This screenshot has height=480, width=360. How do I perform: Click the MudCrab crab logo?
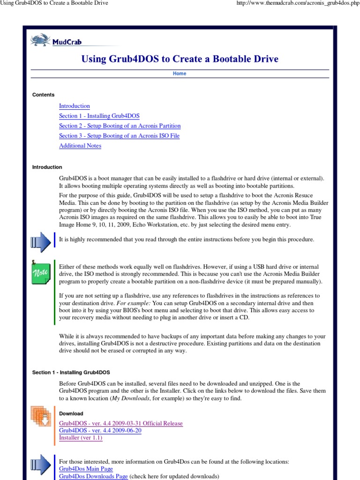click(x=39, y=41)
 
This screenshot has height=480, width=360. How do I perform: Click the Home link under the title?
click(x=180, y=74)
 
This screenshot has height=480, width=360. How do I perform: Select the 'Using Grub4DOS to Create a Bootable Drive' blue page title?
click(x=180, y=59)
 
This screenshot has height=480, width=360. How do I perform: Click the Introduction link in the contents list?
click(x=74, y=106)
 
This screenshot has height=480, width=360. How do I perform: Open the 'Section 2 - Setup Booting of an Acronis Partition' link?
click(x=120, y=126)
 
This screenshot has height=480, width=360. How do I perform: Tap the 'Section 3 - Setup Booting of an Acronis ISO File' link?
click(x=119, y=135)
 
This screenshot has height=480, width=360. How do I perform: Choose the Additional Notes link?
click(x=80, y=145)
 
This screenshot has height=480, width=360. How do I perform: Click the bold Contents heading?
click(x=43, y=95)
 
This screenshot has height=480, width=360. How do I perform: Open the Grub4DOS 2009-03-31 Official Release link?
click(x=120, y=423)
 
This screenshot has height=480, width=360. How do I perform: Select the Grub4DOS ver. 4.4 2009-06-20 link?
click(x=100, y=430)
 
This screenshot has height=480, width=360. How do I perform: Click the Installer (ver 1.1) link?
click(x=80, y=437)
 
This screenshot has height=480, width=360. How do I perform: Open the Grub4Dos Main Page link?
click(x=86, y=469)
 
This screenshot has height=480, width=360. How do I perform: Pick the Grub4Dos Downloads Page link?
click(x=93, y=476)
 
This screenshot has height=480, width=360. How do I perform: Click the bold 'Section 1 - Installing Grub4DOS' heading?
click(x=71, y=372)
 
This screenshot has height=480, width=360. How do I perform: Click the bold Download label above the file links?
click(x=71, y=413)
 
